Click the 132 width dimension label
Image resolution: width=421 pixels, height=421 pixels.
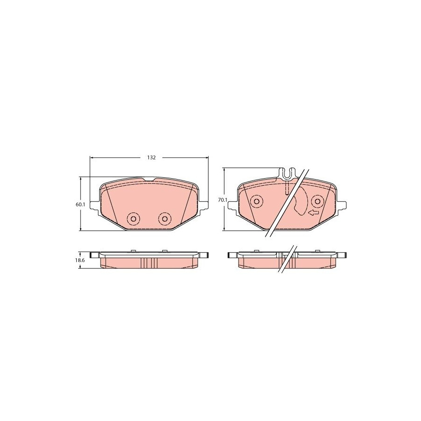(151, 158)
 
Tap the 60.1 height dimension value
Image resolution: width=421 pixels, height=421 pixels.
(80, 204)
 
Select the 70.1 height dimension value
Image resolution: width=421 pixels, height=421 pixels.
(223, 200)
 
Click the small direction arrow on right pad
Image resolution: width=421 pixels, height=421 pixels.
(313, 213)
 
